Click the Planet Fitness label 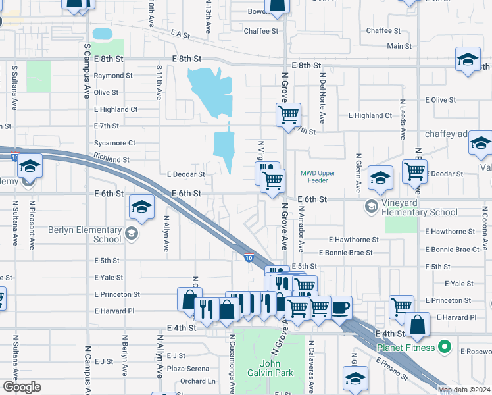click(405, 347)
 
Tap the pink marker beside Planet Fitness click(445, 346)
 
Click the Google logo click(22, 387)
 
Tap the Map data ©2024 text click(464, 390)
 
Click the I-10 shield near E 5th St click(249, 257)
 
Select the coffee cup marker click(340, 307)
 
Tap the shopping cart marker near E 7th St click(288, 115)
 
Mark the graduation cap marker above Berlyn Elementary click(141, 207)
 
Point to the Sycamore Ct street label click(114, 142)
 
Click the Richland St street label click(112, 159)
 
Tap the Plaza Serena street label click(187, 369)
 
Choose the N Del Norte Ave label click(322, 99)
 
